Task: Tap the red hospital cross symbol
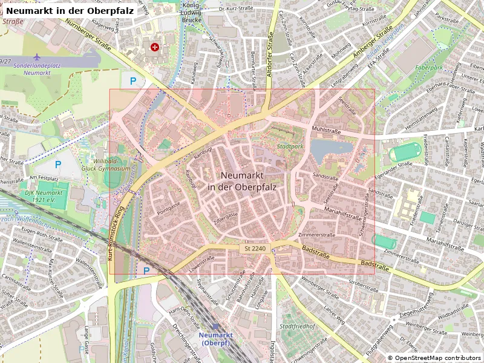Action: [155, 46]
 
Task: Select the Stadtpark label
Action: [289, 146]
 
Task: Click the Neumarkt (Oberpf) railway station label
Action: [216, 338]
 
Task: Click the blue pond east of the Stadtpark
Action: [330, 148]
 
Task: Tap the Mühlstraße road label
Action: [326, 130]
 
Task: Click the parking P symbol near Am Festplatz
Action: [58, 164]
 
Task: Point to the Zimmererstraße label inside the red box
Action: [316, 234]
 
